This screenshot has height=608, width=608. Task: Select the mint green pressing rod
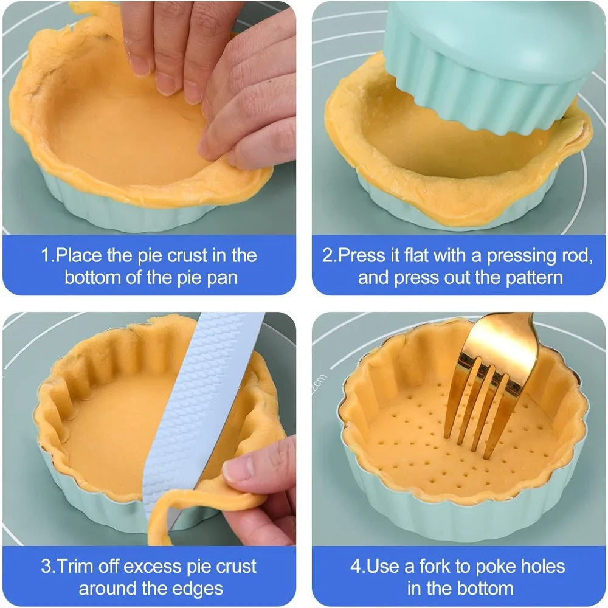(x=489, y=66)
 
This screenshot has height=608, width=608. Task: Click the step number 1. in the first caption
(x=48, y=255)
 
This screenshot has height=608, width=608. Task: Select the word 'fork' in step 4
(x=435, y=566)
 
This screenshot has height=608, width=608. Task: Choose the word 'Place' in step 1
(x=79, y=255)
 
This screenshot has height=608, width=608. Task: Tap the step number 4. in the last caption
(x=358, y=567)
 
